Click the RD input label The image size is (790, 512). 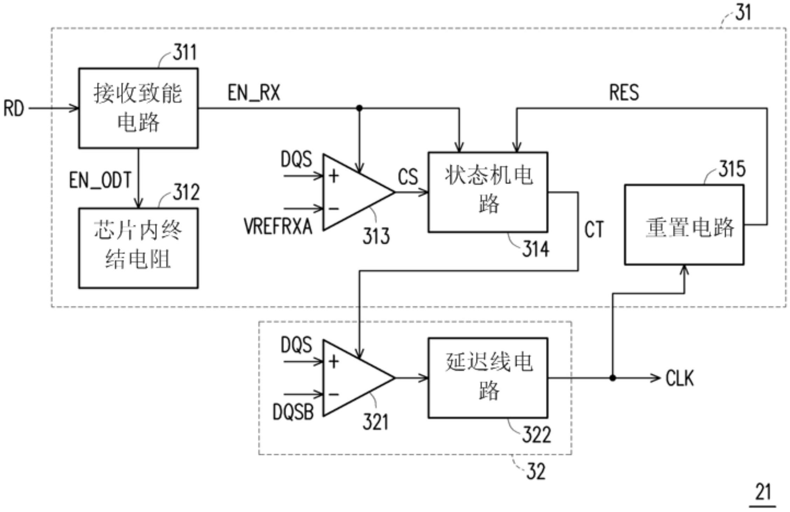(13, 108)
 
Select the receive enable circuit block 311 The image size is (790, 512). (138, 108)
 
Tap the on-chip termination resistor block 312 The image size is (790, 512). (138, 248)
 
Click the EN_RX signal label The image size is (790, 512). (254, 93)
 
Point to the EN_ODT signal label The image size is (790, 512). (100, 180)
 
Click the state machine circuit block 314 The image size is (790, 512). (488, 192)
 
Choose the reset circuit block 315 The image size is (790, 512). (684, 225)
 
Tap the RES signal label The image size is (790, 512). (624, 93)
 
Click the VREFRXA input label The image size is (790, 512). (278, 226)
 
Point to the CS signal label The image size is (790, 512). (408, 177)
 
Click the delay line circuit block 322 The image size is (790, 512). (488, 378)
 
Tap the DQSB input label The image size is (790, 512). (293, 412)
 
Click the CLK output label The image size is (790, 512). (679, 378)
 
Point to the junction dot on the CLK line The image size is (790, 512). (612, 378)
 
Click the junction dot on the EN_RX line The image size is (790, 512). (359, 108)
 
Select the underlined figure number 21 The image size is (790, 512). (763, 492)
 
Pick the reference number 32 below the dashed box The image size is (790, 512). (536, 471)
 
